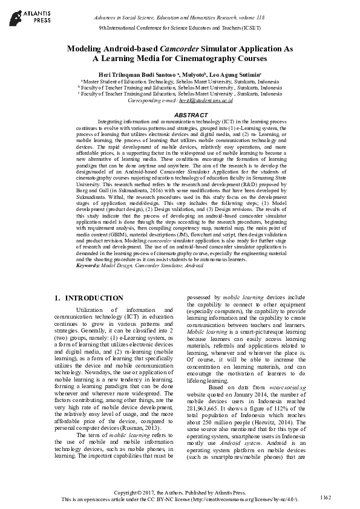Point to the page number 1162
(x=326, y=497)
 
